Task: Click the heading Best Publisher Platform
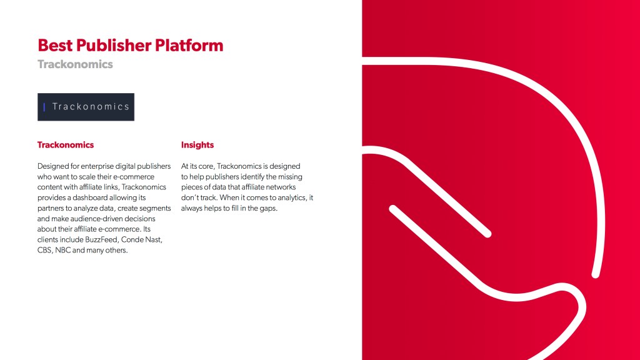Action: (x=130, y=45)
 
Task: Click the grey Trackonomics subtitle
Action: (x=75, y=64)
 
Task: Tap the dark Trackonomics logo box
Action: (x=86, y=107)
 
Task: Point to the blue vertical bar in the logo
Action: (x=44, y=107)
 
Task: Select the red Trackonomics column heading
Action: (x=65, y=145)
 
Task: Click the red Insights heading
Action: (x=197, y=145)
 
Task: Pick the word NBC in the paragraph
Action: (x=63, y=250)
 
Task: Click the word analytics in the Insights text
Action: (x=291, y=198)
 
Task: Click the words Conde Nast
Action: (x=142, y=239)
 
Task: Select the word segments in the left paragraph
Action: (x=155, y=209)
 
